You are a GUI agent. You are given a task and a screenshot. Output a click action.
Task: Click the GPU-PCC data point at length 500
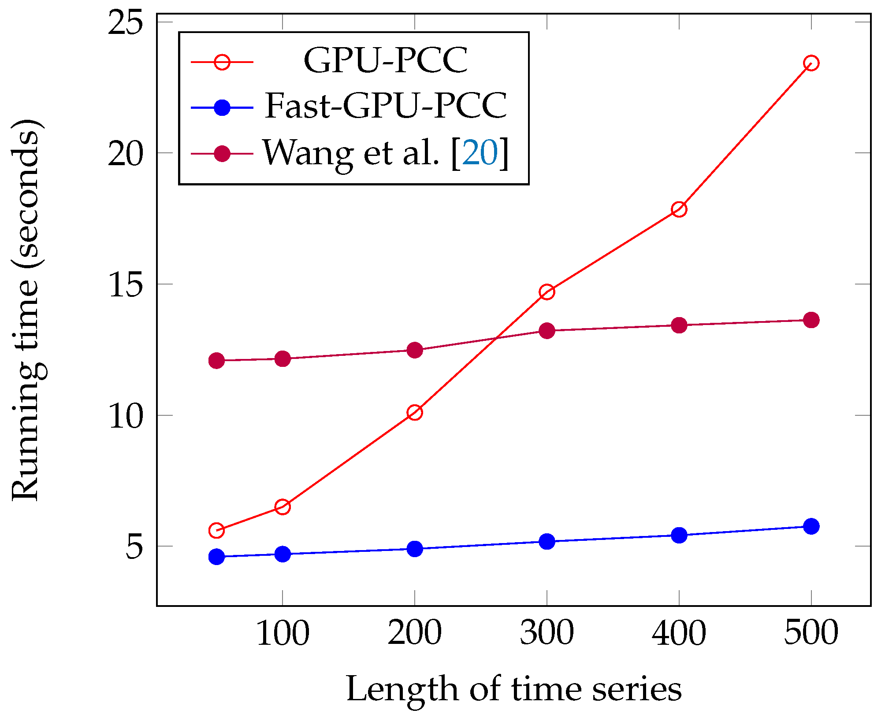point(811,63)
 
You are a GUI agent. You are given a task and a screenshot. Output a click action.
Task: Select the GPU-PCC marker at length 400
point(679,209)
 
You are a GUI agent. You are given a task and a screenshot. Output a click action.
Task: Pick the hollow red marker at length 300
point(547,292)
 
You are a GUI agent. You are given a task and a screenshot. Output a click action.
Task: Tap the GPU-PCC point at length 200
point(415,413)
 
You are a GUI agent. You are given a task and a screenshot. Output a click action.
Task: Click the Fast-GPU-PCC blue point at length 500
point(811,526)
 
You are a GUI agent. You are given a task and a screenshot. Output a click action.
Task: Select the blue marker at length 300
point(547,541)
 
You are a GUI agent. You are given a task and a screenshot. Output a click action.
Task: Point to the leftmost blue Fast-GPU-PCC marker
point(216,557)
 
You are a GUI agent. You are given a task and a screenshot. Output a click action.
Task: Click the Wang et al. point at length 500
point(811,320)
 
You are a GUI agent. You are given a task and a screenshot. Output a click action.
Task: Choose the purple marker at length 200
point(415,350)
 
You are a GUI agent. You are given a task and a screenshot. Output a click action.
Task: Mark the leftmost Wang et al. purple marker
point(216,361)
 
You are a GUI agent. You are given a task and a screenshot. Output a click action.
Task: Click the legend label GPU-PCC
point(386,60)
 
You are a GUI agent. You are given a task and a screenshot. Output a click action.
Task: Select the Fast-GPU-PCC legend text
point(386,106)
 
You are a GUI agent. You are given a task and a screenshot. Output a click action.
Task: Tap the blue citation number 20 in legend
point(480,153)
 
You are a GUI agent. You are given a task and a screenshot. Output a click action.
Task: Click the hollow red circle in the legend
point(222,62)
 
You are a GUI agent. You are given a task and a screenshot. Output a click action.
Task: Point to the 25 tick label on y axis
point(126,22)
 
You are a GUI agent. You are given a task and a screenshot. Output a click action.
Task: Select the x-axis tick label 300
point(547,633)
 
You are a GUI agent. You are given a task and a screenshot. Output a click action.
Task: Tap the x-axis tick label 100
point(283,633)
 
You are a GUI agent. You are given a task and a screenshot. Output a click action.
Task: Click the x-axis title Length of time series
point(514,689)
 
